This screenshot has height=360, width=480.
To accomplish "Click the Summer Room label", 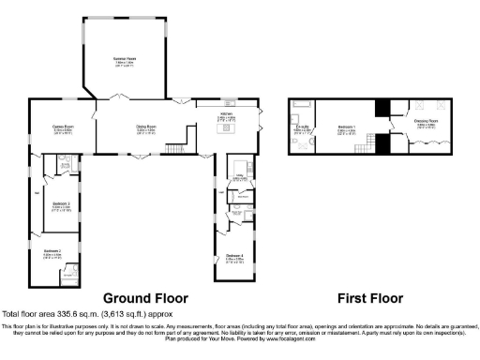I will [x=125, y=58].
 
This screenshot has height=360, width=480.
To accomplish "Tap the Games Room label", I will [x=63, y=126].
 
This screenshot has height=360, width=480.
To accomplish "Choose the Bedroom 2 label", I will [x=52, y=250].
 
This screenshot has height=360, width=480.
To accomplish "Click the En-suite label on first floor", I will [x=303, y=127].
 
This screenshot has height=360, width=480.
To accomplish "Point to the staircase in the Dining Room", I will [x=174, y=148].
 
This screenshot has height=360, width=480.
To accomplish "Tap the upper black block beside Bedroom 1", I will [x=382, y=108].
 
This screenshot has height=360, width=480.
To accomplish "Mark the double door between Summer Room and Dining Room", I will [x=117, y=98].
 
